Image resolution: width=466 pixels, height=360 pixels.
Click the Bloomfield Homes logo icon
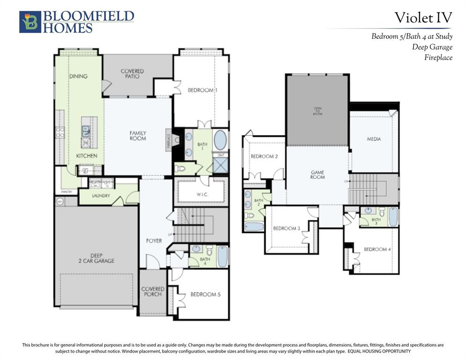(30, 22)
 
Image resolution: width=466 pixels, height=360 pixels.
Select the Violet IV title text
(423, 18)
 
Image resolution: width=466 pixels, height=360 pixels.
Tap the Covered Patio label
(132, 74)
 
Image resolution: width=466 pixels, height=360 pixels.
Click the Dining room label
(78, 76)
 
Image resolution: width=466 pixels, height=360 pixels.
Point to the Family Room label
(138, 135)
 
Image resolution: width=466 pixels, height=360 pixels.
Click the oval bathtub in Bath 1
(220, 140)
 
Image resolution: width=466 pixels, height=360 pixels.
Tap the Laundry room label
(101, 195)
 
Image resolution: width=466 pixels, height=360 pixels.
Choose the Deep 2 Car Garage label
(96, 258)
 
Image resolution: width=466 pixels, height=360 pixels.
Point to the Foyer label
(154, 240)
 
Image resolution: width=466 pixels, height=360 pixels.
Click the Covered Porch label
(153, 292)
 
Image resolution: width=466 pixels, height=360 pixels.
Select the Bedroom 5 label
(205, 294)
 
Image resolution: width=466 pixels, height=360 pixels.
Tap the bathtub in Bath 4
(222, 256)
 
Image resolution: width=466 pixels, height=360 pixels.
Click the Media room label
(374, 139)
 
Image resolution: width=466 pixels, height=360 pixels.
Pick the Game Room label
(317, 175)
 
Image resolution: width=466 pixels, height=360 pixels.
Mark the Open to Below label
(318, 111)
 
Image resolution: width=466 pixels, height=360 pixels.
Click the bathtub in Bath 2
(254, 226)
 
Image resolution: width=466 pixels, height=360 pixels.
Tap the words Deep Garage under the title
(432, 47)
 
